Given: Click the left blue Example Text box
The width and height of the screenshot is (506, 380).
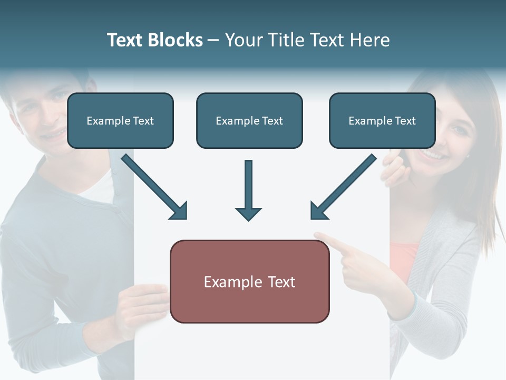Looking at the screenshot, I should tap(120, 121).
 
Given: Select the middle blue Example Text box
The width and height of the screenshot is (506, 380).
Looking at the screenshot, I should tap(249, 121).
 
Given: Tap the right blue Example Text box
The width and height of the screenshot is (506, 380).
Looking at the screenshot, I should tap(382, 121).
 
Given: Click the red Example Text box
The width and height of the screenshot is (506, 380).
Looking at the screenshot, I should tap(249, 282).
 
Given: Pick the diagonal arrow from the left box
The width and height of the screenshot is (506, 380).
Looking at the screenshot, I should tap(154, 187).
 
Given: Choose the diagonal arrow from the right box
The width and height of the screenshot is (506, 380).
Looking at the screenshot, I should tap(343, 187).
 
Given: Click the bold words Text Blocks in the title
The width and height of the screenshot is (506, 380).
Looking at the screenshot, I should tap(154, 40).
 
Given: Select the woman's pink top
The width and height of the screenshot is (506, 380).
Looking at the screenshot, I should tap(403, 259).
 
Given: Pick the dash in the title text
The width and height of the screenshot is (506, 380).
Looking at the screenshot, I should tap(213, 40).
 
